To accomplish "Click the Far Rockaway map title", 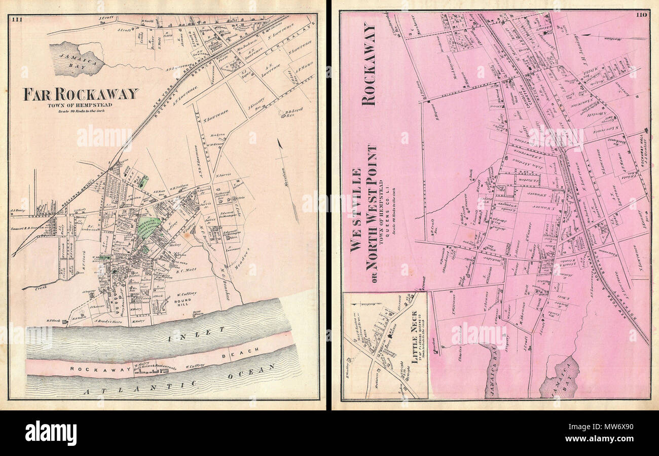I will click(x=80, y=94).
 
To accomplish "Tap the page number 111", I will click(x=17, y=19).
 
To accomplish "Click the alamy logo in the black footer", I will click(x=51, y=433).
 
